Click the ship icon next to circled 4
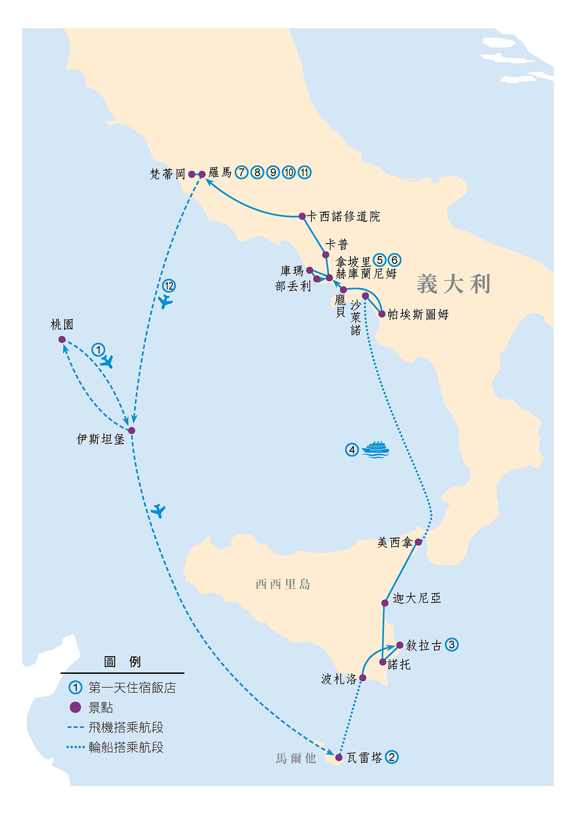click(375, 449)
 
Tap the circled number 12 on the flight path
click(168, 286)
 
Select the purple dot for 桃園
click(62, 339)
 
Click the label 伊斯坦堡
click(100, 439)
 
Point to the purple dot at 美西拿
click(418, 542)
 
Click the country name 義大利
click(453, 284)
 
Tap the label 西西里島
click(283, 584)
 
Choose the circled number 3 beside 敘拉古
click(452, 645)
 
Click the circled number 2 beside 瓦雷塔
click(392, 757)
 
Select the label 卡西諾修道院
click(343, 216)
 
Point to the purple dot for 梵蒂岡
click(192, 174)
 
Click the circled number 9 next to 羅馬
click(273, 173)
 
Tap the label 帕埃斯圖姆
click(418, 315)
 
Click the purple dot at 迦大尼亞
click(385, 603)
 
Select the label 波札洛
click(339, 679)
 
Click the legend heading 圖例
click(123, 661)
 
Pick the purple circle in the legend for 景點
click(75, 707)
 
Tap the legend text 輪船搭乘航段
click(126, 747)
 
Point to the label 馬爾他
click(296, 758)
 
